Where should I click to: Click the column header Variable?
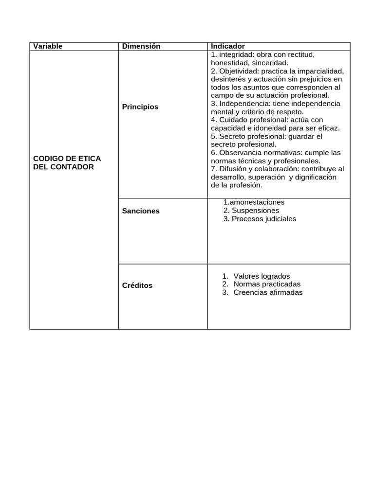pos(48,46)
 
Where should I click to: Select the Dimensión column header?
pos(141,46)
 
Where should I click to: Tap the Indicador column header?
pos(228,46)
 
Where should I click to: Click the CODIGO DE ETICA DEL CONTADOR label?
pos(67,162)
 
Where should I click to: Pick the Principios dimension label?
pos(140,107)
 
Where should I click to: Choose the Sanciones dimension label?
pos(141,211)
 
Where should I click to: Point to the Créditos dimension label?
pos(137,285)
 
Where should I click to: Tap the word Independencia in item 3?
pos(242,104)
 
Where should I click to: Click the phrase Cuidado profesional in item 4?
pos(251,120)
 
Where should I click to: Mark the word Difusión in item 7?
pos(234,169)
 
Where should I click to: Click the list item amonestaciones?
pos(257,202)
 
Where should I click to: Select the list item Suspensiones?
pos(255,211)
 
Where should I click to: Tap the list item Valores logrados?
pos(262,276)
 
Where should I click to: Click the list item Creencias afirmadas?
pos(268,292)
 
